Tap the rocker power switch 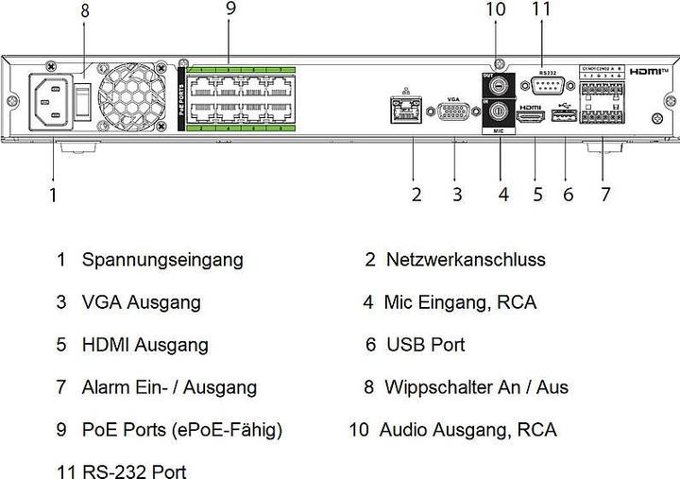point(83,98)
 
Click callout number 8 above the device point(85,12)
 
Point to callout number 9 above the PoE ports point(229,9)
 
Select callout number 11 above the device point(540,9)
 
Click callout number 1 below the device point(53,196)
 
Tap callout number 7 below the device point(605,196)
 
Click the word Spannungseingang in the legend point(161,259)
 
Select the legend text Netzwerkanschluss point(466,259)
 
